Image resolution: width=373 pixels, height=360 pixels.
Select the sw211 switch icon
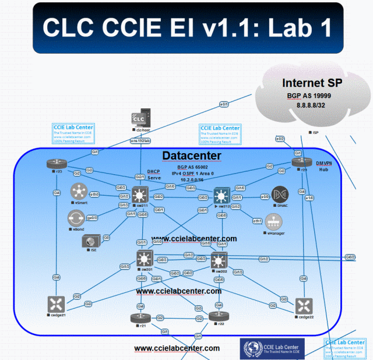140,194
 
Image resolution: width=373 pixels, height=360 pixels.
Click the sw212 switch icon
221,195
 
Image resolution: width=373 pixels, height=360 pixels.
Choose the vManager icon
274,221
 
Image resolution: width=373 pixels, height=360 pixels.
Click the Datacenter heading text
191,156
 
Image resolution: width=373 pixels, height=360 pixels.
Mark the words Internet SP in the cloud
312,82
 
